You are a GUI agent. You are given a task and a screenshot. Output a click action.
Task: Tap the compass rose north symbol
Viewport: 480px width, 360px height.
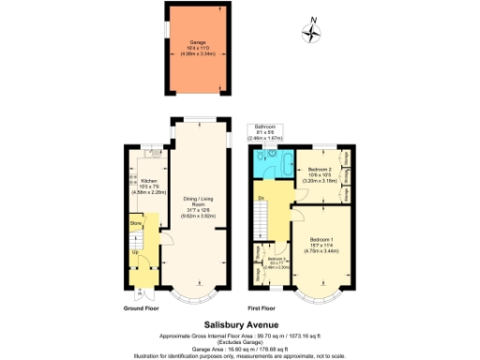(x=311, y=32)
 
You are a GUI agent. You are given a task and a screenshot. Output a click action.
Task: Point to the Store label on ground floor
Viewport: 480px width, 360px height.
(x=135, y=224)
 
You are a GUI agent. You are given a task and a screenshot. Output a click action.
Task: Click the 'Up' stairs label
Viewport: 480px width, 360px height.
(x=135, y=252)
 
